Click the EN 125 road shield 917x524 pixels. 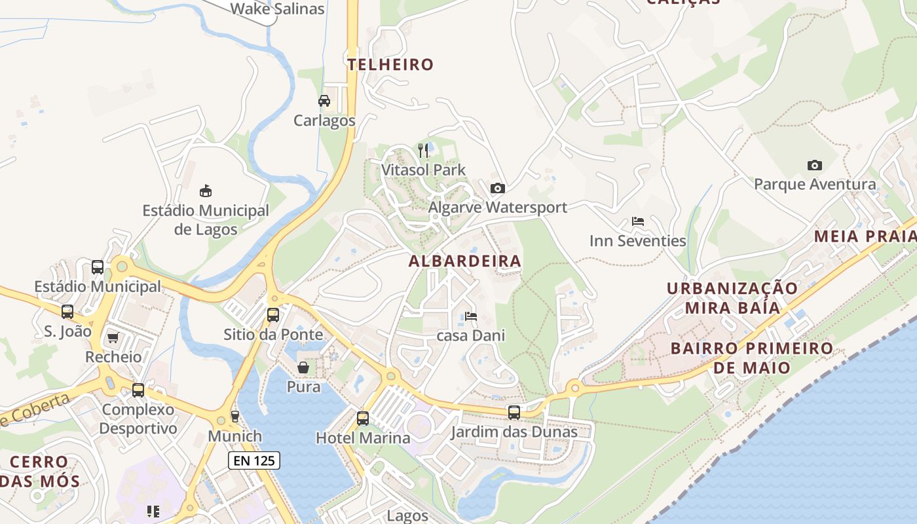coord(254,460)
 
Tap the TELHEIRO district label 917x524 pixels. coord(390,64)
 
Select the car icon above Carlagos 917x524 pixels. coord(324,101)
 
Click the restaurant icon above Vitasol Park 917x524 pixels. coord(423,151)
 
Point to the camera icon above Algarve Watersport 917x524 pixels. coord(498,189)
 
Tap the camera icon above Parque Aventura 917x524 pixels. coord(814,165)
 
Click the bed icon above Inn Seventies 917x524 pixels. coord(637,221)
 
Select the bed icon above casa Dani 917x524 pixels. coord(470,316)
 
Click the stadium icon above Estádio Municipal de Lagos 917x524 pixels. coord(206,191)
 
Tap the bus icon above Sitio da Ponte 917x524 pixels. coord(273,315)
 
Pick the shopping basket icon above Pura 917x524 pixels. coord(303,367)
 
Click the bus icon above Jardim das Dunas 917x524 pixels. coord(514,413)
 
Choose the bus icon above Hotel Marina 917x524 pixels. coord(363,419)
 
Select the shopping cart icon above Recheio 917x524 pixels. coord(113,338)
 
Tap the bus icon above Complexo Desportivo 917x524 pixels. coord(138,390)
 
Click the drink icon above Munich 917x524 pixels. coord(235,417)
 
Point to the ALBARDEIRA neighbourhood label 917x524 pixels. coord(465,261)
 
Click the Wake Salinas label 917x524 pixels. coord(277,9)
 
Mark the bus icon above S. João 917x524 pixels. coord(67,312)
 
